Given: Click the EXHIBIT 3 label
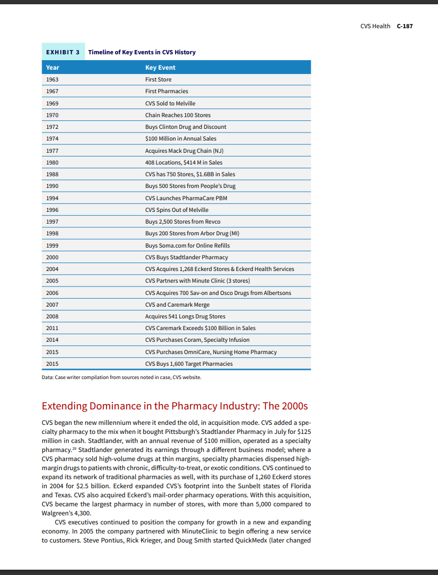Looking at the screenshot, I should point(63,52).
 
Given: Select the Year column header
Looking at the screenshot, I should point(53,68).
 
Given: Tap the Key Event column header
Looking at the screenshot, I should point(160,68).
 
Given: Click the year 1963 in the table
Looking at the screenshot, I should point(52,79).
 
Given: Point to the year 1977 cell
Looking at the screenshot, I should point(52,151).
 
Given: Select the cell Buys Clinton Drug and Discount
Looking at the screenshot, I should point(186,127).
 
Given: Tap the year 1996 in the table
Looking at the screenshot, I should point(52,210).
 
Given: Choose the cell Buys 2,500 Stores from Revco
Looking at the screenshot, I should point(183,221).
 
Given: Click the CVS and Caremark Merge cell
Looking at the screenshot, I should point(177,305).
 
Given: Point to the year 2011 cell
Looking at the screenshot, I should point(52,328).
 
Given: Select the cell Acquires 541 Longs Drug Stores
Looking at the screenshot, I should point(185,316).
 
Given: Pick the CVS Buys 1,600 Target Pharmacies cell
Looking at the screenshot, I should point(189,364).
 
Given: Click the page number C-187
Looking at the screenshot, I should point(404,26).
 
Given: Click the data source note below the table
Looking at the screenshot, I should point(121,377).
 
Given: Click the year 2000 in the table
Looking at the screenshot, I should point(52,257).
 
